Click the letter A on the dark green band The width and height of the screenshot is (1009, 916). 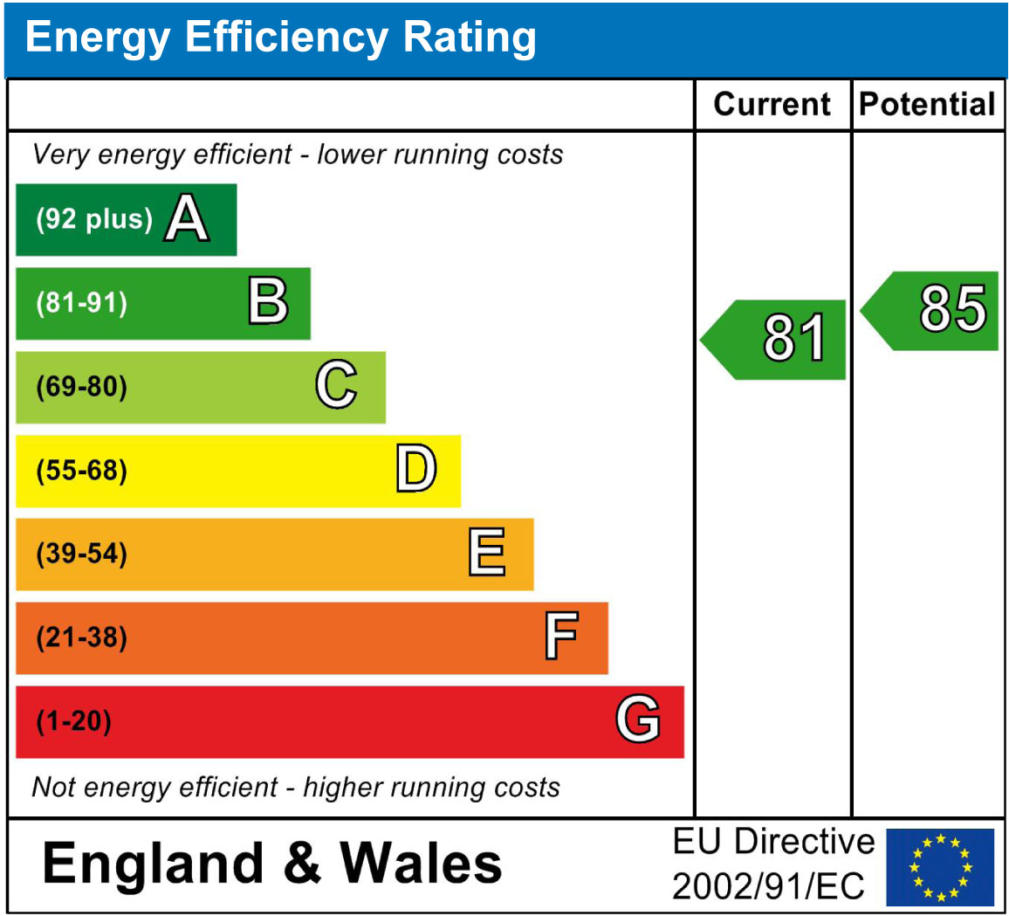(x=188, y=218)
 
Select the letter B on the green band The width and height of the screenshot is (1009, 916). (x=268, y=303)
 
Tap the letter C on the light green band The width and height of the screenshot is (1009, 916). (x=336, y=385)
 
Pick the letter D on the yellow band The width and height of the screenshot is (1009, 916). (x=415, y=470)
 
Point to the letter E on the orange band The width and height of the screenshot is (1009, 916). (x=487, y=553)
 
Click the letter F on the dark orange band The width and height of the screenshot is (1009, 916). (x=561, y=637)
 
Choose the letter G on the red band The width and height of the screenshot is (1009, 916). (x=638, y=720)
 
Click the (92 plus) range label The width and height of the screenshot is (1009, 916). (x=94, y=219)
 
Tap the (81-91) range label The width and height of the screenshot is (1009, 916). (x=81, y=304)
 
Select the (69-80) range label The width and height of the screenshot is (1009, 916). (x=81, y=387)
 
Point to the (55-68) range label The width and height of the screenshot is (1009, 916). (x=81, y=472)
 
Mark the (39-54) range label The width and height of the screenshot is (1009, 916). (x=81, y=554)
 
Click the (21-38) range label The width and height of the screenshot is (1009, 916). (x=81, y=638)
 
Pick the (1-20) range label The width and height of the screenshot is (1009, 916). (x=73, y=722)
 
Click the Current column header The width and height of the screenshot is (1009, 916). (x=772, y=105)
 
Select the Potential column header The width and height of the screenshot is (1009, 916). (x=928, y=105)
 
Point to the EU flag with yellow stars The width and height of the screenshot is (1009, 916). (x=940, y=867)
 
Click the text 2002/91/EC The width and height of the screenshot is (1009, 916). (x=769, y=888)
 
